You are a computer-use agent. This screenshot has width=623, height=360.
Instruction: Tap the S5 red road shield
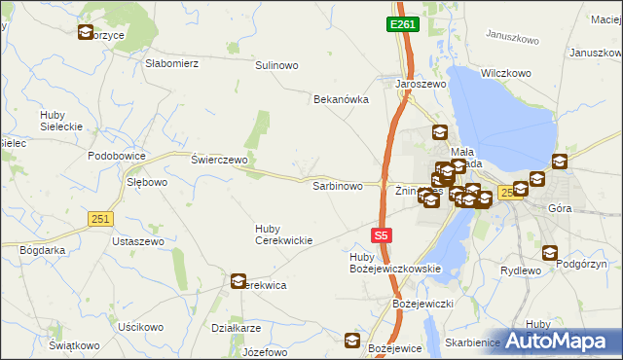click(x=383, y=235)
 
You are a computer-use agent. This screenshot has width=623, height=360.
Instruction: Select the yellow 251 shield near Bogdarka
click(x=97, y=220)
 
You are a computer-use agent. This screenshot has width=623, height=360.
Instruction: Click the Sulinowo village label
click(x=276, y=65)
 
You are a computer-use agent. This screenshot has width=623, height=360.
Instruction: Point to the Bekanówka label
click(x=338, y=99)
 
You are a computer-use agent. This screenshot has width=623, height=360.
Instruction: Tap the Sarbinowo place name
click(x=337, y=185)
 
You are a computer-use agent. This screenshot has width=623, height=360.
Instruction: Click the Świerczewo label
click(x=220, y=160)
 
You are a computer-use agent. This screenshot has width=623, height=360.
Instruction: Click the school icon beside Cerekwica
click(x=238, y=282)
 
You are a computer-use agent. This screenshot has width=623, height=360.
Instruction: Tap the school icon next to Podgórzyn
click(x=551, y=253)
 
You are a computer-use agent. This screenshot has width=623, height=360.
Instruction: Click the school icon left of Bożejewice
click(x=352, y=341)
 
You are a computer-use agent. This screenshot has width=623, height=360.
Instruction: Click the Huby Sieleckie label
click(x=59, y=121)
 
